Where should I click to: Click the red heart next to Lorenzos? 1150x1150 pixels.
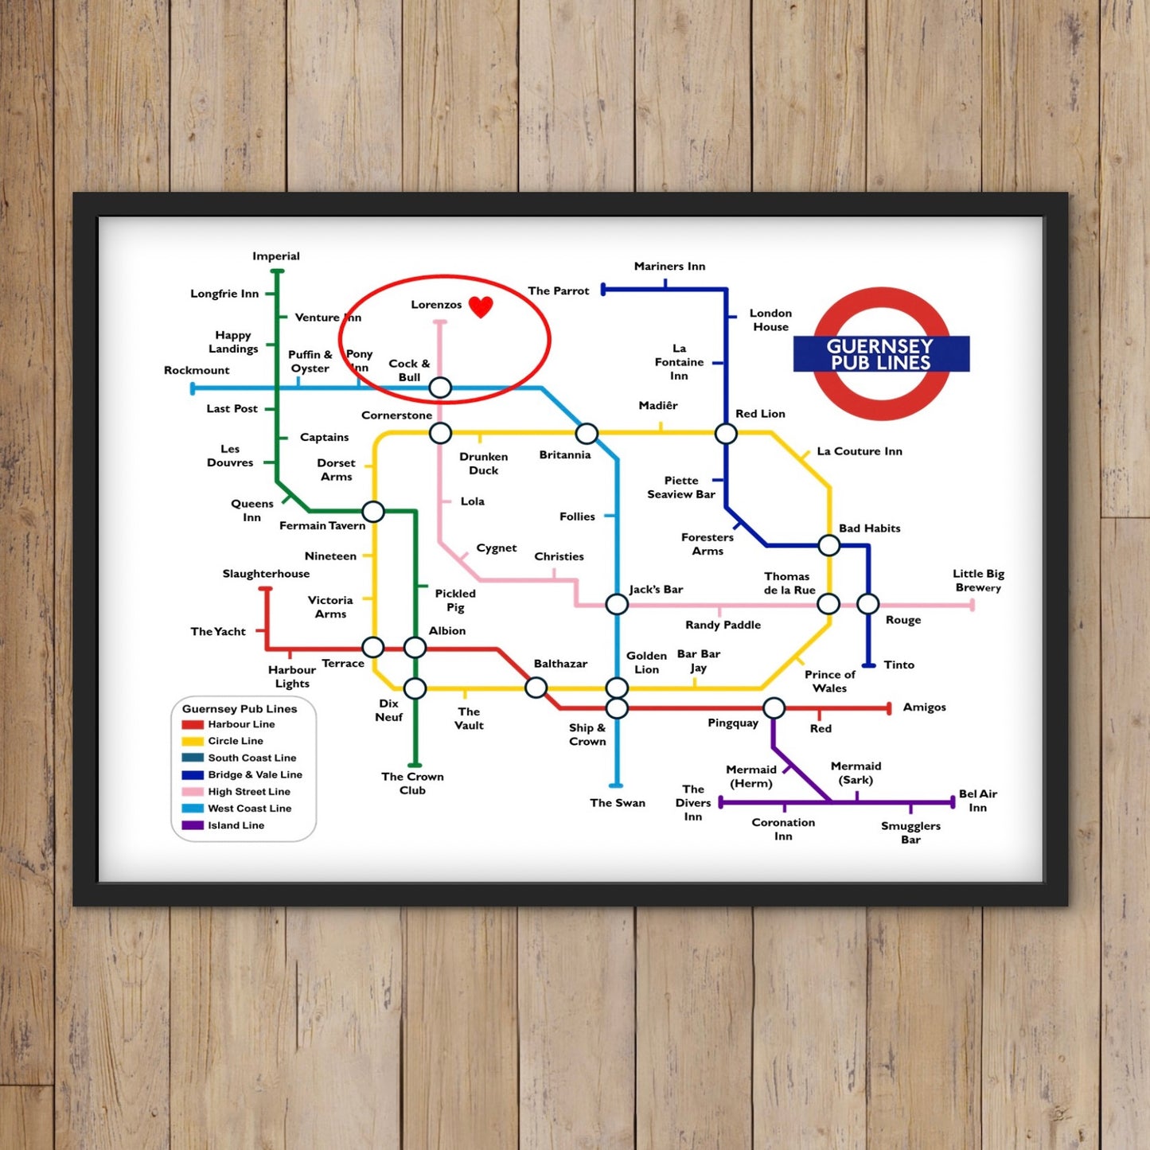coord(481,306)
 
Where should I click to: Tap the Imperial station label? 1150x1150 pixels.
coord(276,256)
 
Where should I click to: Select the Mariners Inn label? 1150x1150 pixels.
coord(669,267)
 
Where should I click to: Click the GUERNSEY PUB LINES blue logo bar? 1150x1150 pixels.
coord(881,354)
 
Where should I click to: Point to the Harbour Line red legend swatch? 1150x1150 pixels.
coord(193,725)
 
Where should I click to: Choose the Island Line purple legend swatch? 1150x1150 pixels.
coord(193,825)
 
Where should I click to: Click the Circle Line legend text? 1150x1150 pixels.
coord(236,741)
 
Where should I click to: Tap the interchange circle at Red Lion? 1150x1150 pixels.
coord(726,434)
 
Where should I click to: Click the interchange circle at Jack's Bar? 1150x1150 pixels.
coord(617,604)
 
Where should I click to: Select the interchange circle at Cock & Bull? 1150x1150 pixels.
coord(440,388)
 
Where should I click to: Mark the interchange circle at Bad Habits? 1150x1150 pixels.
coord(829,545)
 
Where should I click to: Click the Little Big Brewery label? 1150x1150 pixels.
coord(978,580)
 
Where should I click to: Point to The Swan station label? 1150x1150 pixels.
coord(618,803)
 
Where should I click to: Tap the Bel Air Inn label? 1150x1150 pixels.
coord(978,801)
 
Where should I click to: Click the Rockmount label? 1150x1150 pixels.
coord(197,370)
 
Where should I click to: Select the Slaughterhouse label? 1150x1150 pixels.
coord(266,574)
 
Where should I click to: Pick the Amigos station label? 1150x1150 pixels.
coord(924,707)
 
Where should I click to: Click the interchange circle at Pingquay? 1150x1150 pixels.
coord(774,707)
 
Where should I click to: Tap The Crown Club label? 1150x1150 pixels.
coord(412,783)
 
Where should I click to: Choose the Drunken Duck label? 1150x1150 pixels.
coord(483,463)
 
